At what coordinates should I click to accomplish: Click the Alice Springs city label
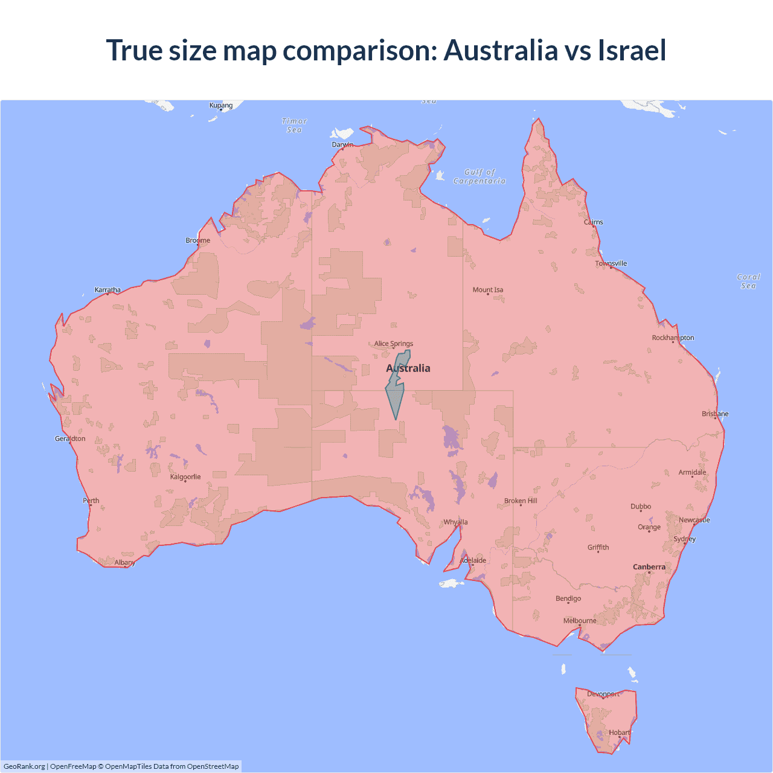point(393,344)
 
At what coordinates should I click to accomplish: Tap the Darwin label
point(342,144)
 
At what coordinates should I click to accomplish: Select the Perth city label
point(91,501)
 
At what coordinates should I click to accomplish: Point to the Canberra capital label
point(649,567)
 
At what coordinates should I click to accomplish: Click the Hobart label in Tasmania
point(620,733)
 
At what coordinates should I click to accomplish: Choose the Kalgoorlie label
point(185,477)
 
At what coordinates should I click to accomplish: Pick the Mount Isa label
point(488,290)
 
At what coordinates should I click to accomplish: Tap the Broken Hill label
point(521,501)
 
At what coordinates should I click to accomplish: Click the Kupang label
point(221,105)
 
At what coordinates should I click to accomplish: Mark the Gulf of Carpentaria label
point(480,176)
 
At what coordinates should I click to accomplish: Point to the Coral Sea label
point(748,281)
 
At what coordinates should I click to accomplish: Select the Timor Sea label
point(295,126)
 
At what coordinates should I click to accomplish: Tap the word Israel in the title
point(632,50)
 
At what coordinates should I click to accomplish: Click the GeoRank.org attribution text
point(24,766)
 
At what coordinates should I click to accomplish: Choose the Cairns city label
point(593,222)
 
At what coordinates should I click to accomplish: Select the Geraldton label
point(70,438)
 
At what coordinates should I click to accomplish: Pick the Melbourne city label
point(580,621)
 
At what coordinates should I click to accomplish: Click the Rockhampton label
point(673,338)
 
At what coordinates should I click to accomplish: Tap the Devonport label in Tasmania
point(603,694)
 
